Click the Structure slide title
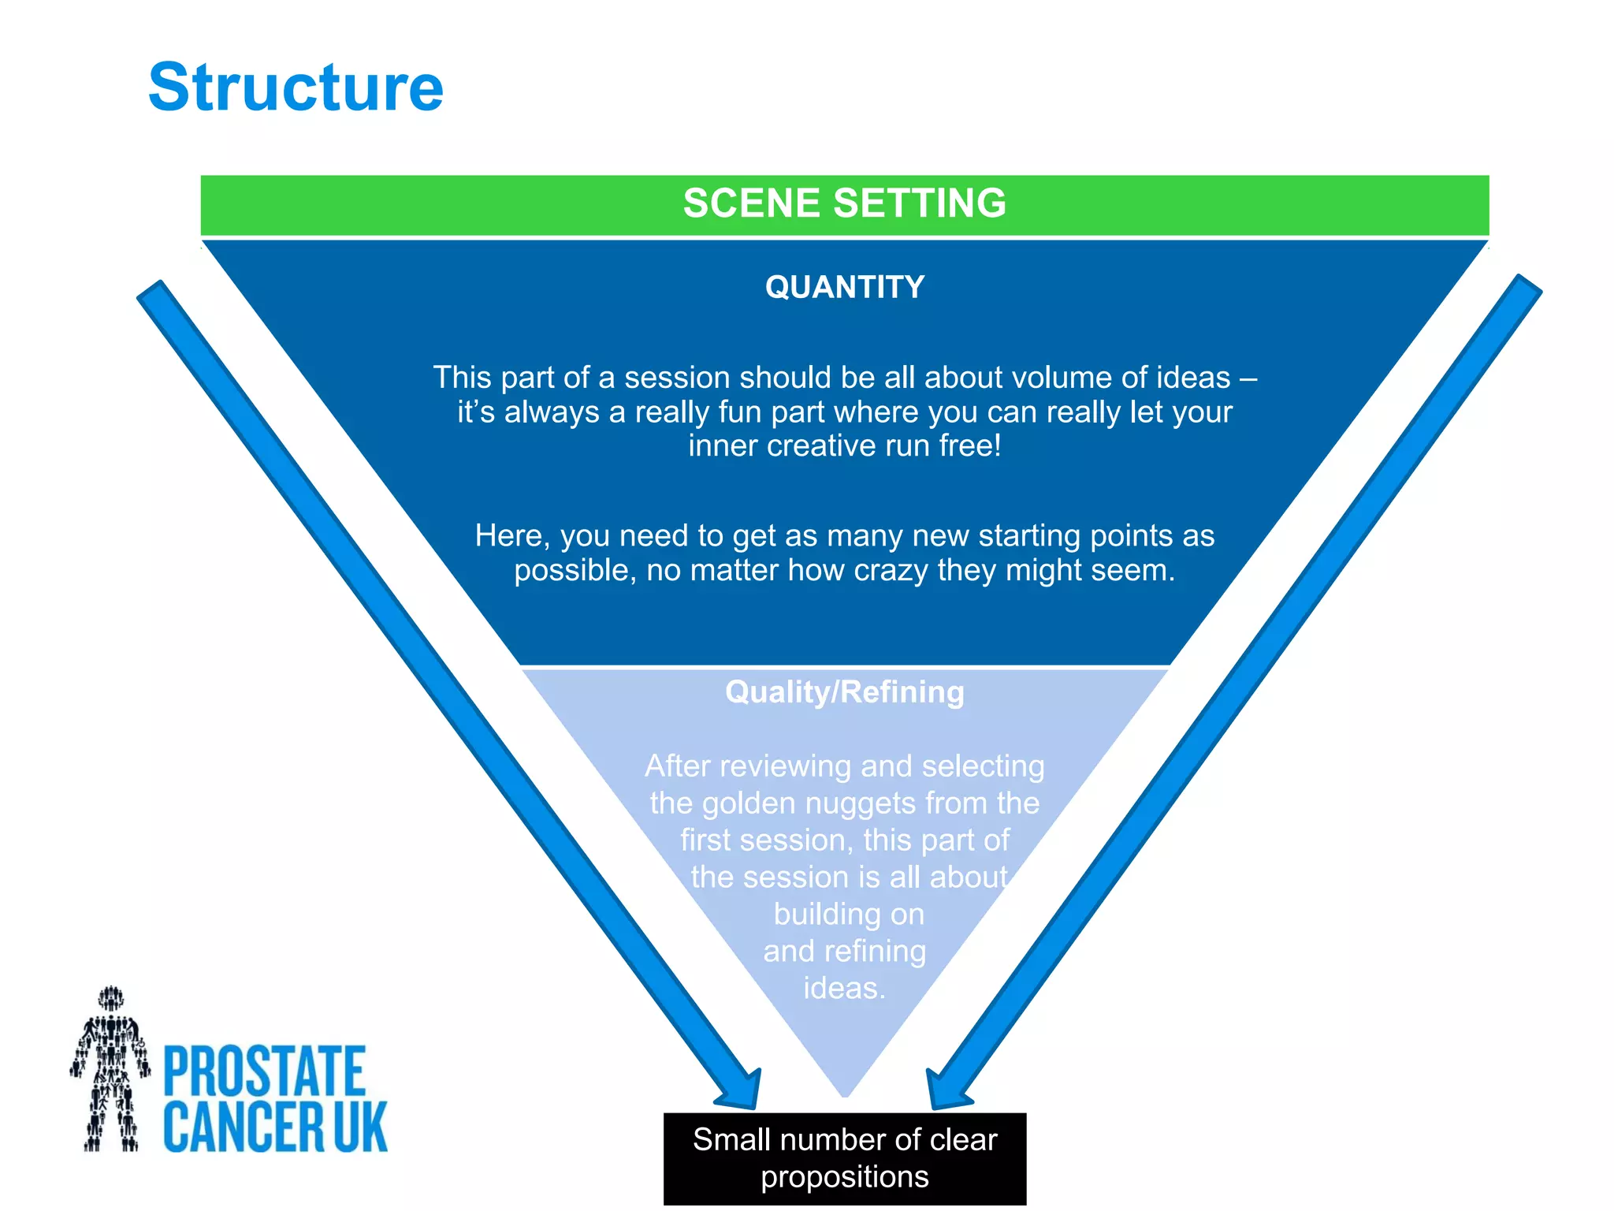coord(296,88)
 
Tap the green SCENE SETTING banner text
coord(844,203)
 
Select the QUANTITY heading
coord(844,287)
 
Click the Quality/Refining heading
coord(844,692)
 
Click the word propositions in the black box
coord(844,1177)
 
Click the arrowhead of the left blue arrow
coord(741,1091)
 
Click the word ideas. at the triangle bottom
coord(844,989)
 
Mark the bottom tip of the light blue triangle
coord(845,1094)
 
